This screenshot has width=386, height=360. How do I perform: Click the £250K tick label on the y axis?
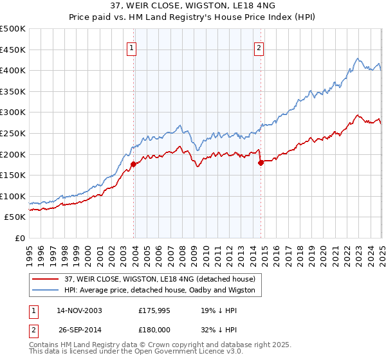tap(13, 133)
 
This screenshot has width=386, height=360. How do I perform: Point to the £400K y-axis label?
tap(13, 70)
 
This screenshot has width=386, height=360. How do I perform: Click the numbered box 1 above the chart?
tap(131, 47)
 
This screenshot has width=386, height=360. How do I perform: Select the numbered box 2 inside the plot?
tap(259, 47)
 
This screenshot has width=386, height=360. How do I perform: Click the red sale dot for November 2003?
tap(133, 164)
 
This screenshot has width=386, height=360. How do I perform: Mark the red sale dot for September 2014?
tap(261, 163)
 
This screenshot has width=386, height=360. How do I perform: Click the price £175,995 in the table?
tap(157, 310)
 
